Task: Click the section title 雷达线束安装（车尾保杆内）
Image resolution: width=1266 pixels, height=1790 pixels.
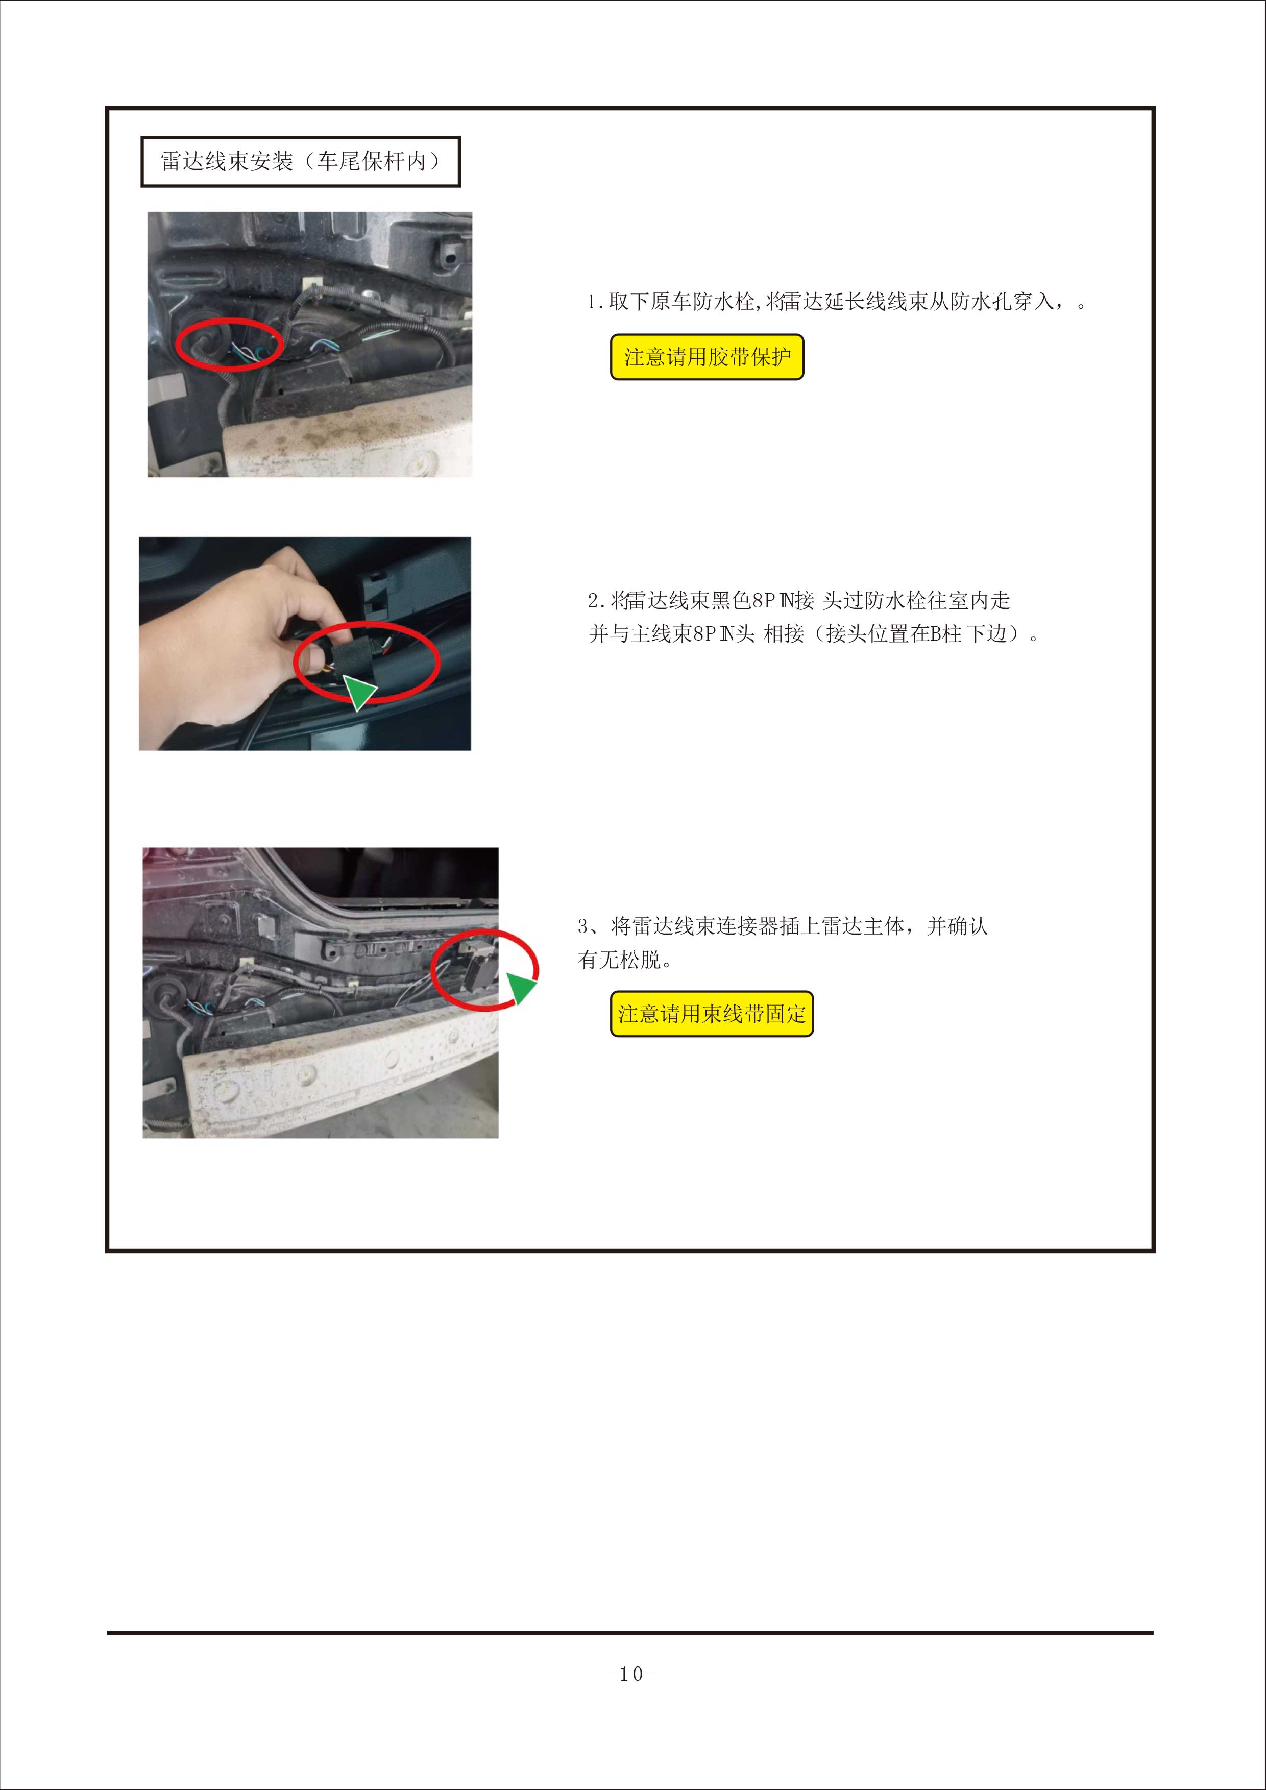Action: coord(300,161)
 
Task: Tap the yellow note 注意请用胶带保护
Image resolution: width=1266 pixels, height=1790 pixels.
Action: coord(707,357)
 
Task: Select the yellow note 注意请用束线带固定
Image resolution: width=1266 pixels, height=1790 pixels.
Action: coord(711,1014)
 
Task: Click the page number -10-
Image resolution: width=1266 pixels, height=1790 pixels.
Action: coord(632,1673)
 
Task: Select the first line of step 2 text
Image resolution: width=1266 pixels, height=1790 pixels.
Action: coord(799,600)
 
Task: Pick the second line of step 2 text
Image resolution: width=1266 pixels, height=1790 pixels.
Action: coord(814,634)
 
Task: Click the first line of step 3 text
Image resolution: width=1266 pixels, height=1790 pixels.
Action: coord(783,926)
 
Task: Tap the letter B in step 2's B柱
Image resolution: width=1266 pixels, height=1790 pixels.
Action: coord(936,634)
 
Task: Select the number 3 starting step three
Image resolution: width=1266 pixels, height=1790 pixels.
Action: coord(583,926)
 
